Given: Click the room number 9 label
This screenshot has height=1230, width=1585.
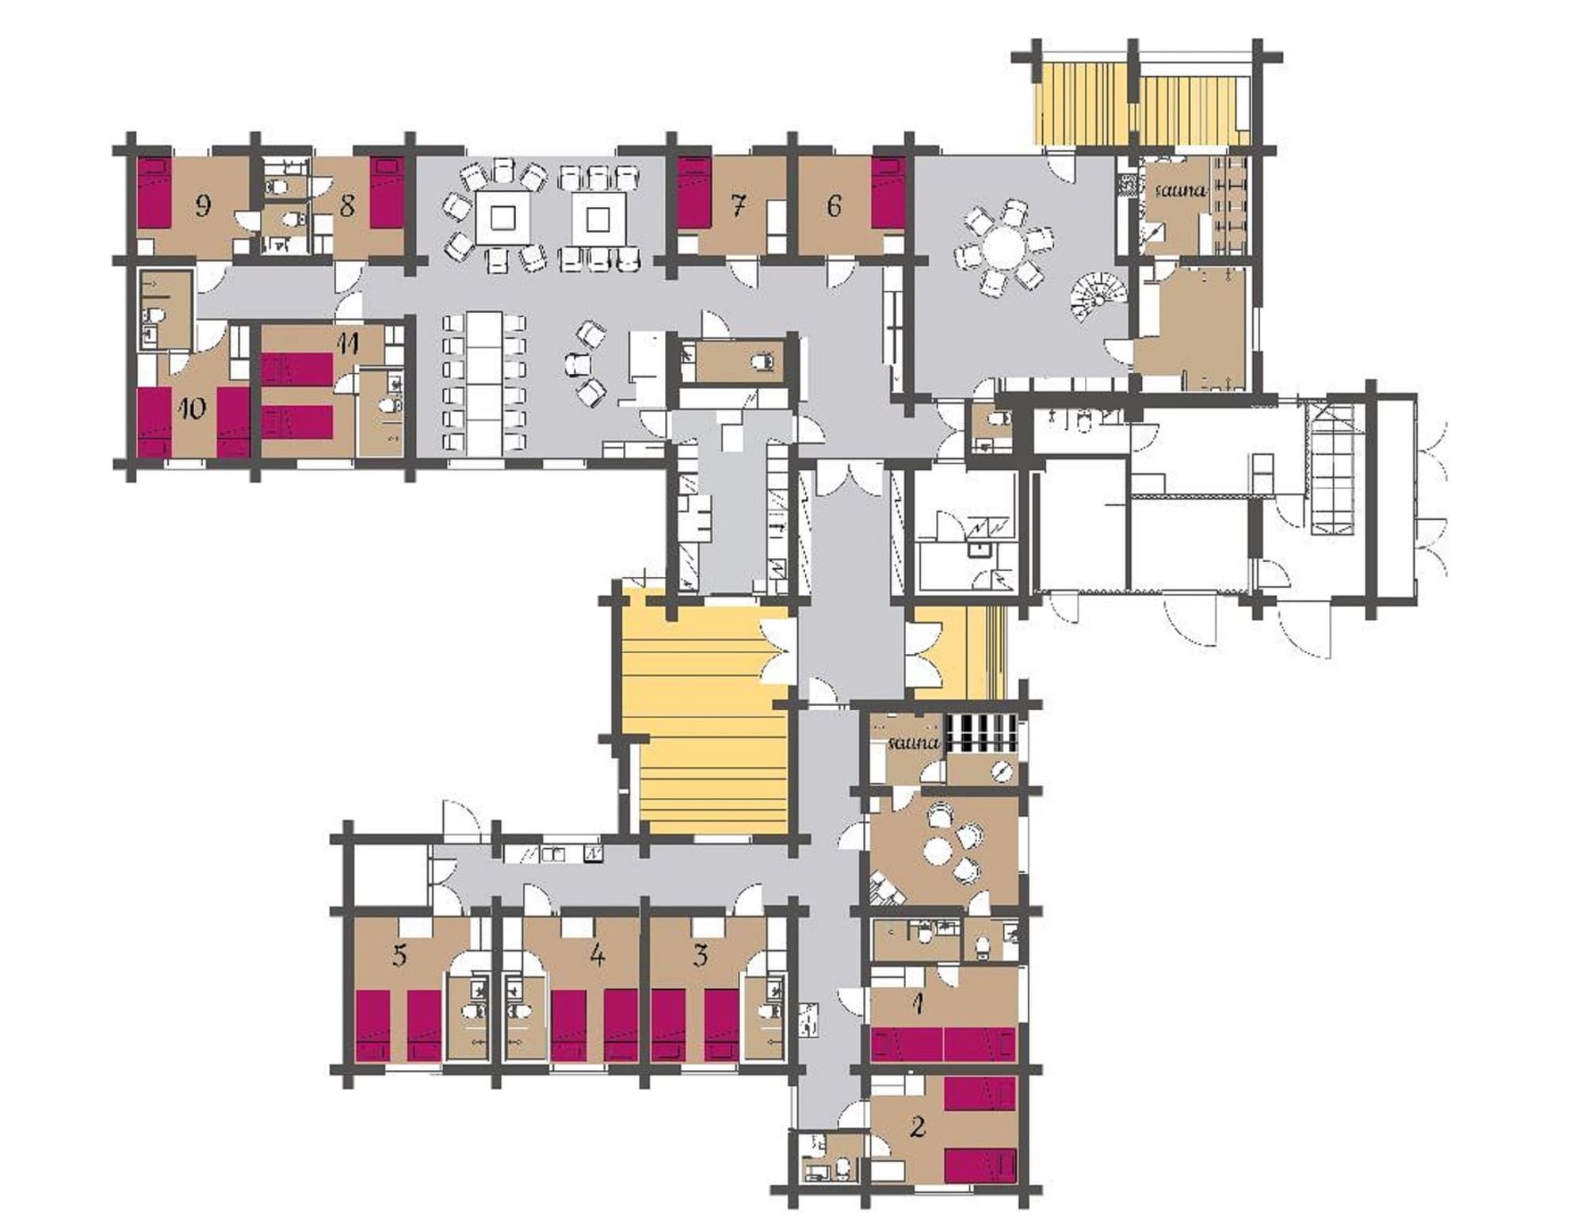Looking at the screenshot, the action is pyautogui.click(x=203, y=206).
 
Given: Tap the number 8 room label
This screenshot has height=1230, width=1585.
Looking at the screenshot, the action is pyautogui.click(x=346, y=206).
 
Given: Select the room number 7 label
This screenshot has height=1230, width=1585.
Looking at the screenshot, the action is pyautogui.click(x=737, y=206).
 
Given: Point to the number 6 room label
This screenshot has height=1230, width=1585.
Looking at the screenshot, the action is pyautogui.click(x=834, y=206).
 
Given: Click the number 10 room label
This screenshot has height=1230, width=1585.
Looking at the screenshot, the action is pyautogui.click(x=192, y=408).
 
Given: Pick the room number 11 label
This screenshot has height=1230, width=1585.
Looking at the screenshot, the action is pyautogui.click(x=348, y=343).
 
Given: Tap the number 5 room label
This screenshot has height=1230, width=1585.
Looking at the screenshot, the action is pyautogui.click(x=399, y=955).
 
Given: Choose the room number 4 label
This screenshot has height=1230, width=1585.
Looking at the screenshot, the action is pyautogui.click(x=598, y=955).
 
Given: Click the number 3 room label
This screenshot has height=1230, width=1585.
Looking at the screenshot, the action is pyautogui.click(x=700, y=955).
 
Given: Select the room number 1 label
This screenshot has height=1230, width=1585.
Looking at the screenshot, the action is pyautogui.click(x=918, y=1005).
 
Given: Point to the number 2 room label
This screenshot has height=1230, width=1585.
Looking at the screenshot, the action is pyautogui.click(x=918, y=1126).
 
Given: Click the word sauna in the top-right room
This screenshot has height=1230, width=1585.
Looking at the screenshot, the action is pyautogui.click(x=1180, y=191).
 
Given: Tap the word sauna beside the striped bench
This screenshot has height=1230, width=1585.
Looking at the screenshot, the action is pyautogui.click(x=914, y=743).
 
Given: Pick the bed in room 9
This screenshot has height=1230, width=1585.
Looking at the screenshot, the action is pyautogui.click(x=153, y=193).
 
